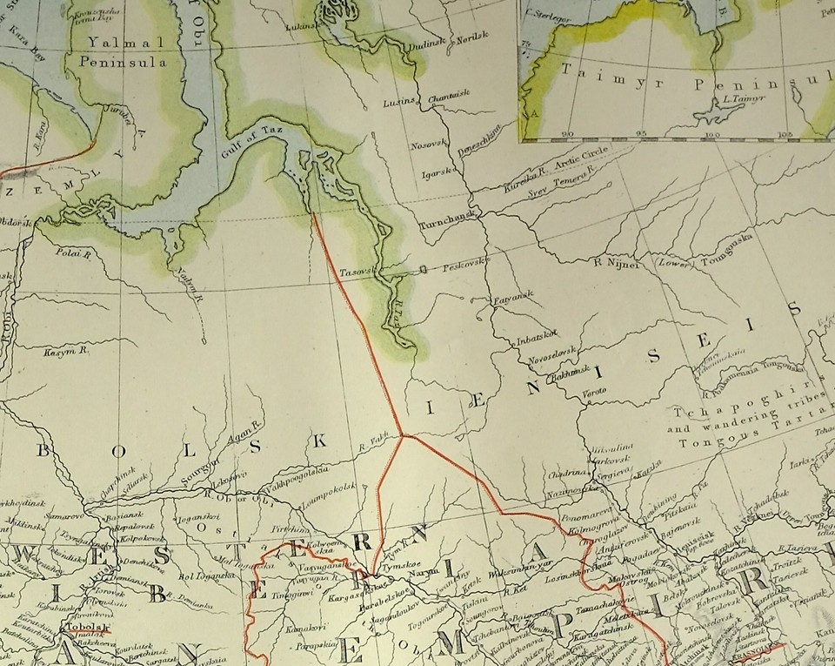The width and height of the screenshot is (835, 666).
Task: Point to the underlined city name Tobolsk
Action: point(84,627)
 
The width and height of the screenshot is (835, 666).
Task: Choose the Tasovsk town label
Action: point(357,270)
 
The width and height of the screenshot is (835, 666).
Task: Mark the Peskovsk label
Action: point(467,263)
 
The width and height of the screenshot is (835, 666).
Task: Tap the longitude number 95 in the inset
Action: point(640,133)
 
